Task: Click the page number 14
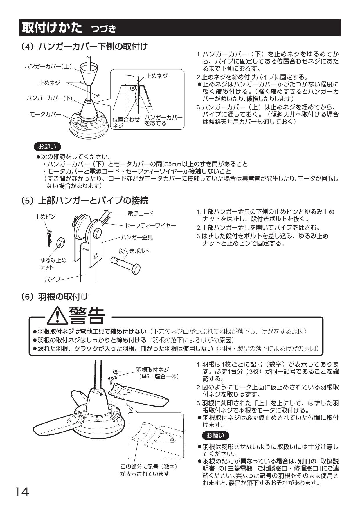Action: (22, 492)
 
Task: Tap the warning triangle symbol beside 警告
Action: (57, 316)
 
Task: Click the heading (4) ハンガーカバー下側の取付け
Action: (84, 46)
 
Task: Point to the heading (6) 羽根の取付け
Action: (55, 296)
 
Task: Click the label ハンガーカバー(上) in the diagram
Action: (48, 66)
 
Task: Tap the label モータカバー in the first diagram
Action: (46, 114)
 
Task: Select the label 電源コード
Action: (141, 214)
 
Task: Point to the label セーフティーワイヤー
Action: (150, 225)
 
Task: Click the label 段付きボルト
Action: (134, 251)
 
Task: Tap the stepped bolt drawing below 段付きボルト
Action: (127, 264)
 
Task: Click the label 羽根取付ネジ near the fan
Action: (152, 369)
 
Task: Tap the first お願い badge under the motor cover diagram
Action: (47, 147)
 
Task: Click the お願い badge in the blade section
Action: (215, 436)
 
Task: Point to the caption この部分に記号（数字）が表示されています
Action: (149, 470)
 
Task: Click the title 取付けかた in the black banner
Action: (52, 28)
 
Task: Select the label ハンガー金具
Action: (137, 238)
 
